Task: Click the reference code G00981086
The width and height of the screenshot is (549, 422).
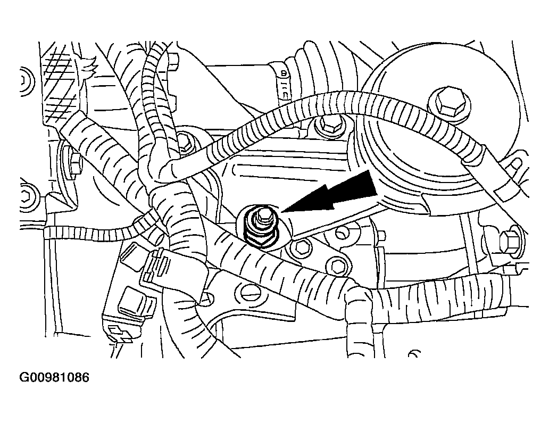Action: [54, 377]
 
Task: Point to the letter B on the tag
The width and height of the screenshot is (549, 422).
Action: [283, 74]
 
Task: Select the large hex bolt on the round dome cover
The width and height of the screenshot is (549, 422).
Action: [449, 102]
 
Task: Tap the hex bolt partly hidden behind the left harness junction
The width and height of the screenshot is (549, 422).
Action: [184, 142]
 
